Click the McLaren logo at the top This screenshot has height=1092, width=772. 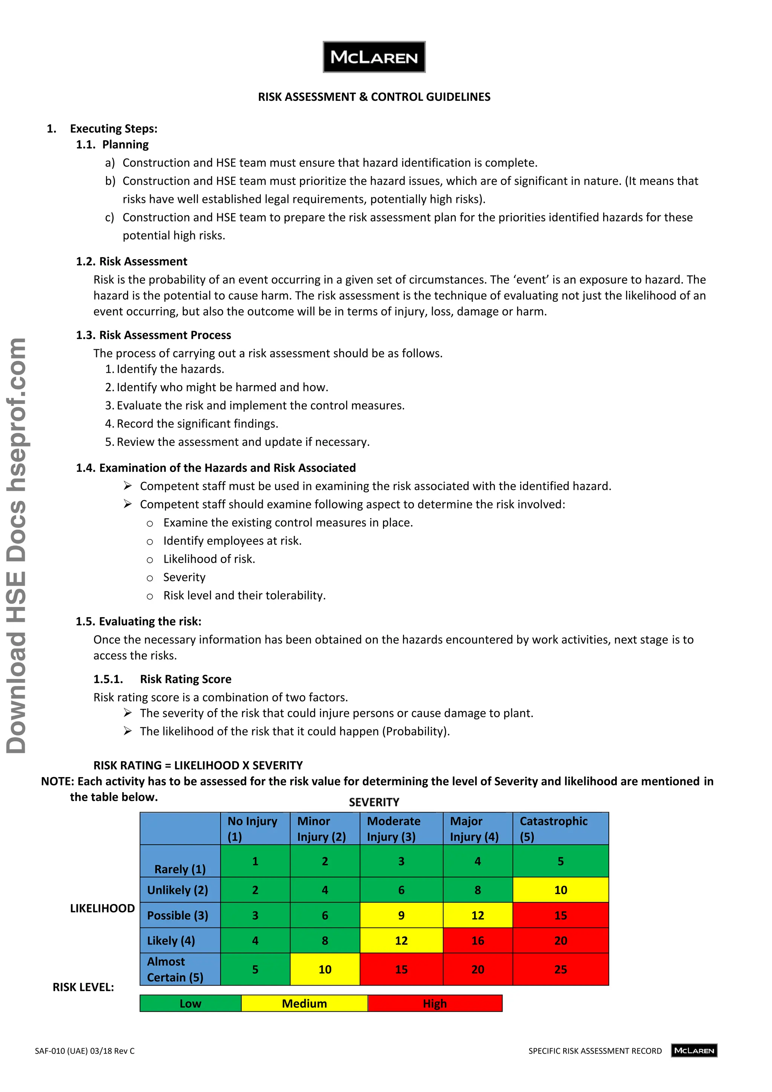[374, 57]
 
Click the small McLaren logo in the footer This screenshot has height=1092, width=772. [694, 1050]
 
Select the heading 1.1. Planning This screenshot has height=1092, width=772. [113, 144]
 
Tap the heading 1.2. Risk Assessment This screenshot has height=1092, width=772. [132, 261]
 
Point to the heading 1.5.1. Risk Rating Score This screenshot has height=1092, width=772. [162, 679]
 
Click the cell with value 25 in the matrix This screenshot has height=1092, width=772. [561, 969]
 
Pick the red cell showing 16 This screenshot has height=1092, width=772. [477, 941]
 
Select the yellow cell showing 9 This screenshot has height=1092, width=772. [401, 915]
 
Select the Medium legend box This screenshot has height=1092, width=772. [304, 1003]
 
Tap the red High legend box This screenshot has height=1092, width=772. [435, 1003]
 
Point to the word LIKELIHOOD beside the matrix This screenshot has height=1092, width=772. [102, 908]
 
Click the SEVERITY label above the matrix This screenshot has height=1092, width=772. [374, 802]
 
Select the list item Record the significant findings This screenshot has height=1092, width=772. [197, 424]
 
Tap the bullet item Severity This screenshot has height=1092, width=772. [184, 577]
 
